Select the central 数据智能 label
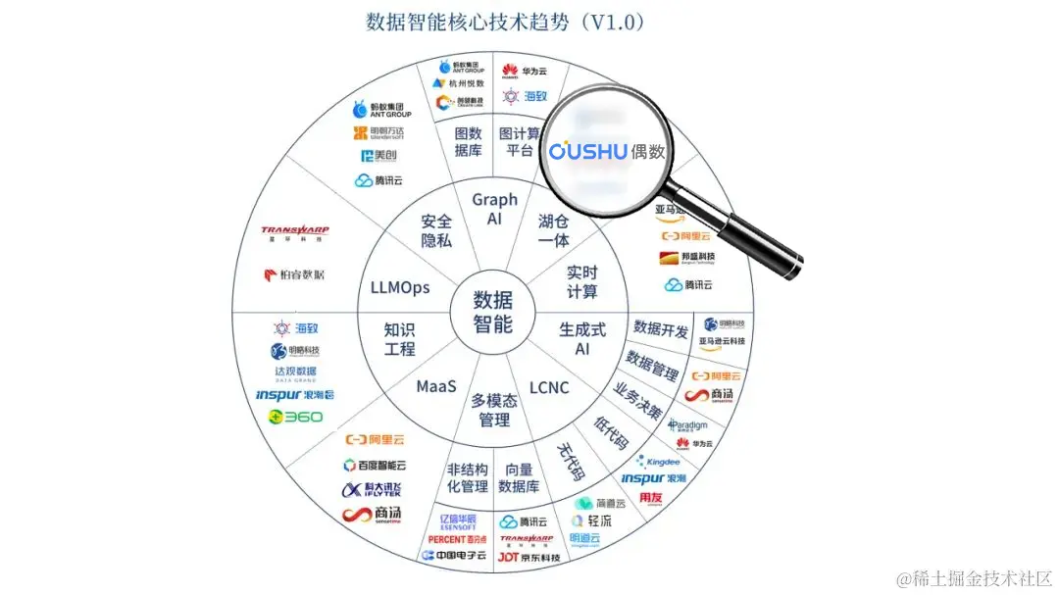tap(493, 312)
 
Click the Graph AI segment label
tap(494, 209)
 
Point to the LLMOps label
tap(400, 287)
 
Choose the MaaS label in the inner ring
tap(436, 386)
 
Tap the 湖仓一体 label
tap(554, 230)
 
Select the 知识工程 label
tap(400, 339)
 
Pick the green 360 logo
tap(295, 417)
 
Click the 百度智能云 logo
tap(375, 466)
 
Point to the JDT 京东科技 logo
tap(528, 557)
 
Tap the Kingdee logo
tap(658, 461)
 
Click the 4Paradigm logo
tap(688, 424)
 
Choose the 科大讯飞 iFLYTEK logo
tap(372, 490)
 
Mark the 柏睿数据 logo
tap(295, 274)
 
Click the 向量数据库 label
tap(519, 477)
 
